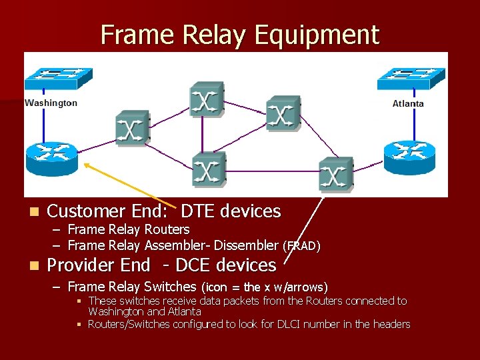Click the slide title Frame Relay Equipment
[x=239, y=35]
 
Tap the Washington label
[x=51, y=103]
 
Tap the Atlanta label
[x=408, y=103]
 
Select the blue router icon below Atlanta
[x=408, y=157]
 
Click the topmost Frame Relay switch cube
[x=206, y=99]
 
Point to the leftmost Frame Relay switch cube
[x=132, y=127]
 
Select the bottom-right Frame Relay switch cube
[x=335, y=175]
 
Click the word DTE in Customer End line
[x=198, y=211]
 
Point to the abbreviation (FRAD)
[x=301, y=246]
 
